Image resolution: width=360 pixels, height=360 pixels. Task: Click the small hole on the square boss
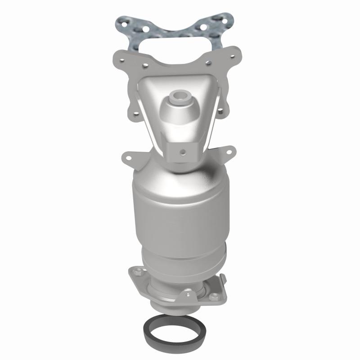click(x=182, y=151)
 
